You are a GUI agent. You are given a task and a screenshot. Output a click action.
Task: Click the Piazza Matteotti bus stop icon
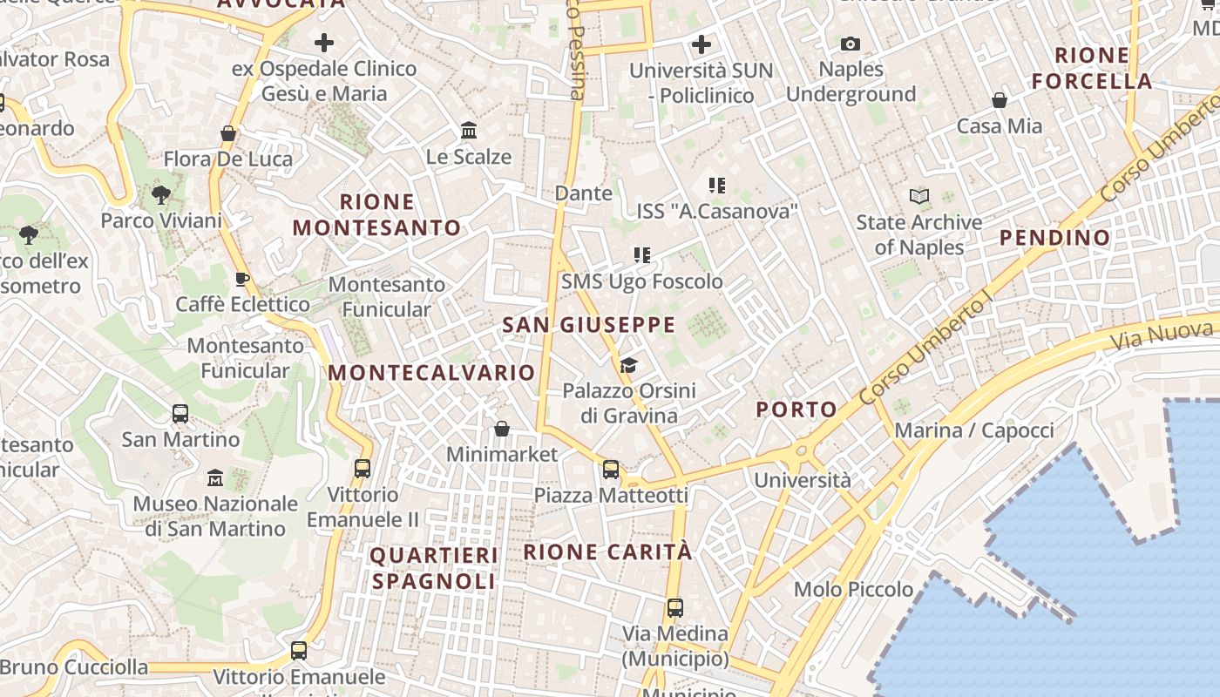[x=611, y=470]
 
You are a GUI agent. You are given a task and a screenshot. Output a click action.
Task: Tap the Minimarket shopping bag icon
[x=502, y=429]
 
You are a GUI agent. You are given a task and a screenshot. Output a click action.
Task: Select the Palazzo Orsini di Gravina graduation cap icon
[x=629, y=365]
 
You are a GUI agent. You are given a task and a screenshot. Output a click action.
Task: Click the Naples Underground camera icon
[x=851, y=44]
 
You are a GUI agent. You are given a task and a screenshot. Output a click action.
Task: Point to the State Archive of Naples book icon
[x=918, y=197]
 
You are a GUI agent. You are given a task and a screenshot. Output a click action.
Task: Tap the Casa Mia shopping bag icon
[x=1000, y=100]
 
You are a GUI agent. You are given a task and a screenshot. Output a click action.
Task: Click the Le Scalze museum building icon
[x=469, y=131]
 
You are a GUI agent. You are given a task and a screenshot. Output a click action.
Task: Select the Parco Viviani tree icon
[x=160, y=194]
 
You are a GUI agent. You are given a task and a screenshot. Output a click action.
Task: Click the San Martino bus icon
[x=180, y=414]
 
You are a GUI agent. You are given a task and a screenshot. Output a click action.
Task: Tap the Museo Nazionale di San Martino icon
[x=215, y=477]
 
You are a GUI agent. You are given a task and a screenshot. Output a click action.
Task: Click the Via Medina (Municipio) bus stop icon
[x=675, y=608]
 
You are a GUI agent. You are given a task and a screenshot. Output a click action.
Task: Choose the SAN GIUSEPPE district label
[x=589, y=326]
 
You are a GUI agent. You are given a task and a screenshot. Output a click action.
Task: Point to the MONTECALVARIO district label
[x=431, y=373]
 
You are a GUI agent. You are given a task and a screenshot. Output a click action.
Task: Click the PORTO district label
[x=796, y=409]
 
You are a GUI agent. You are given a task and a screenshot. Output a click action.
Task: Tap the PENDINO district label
[x=1054, y=237]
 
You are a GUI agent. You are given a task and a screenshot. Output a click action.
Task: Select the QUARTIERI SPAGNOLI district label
[x=434, y=568]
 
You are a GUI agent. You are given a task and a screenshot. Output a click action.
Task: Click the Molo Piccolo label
[x=853, y=590]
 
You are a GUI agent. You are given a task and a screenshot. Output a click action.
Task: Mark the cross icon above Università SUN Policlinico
[x=701, y=44]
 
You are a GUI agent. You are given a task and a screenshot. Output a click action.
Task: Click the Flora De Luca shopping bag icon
[x=228, y=133]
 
